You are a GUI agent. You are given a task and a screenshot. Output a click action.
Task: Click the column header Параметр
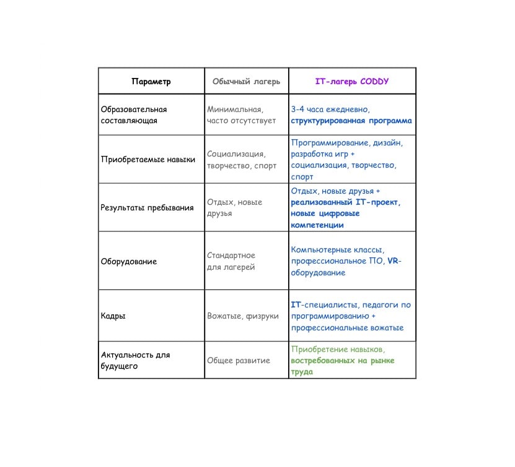pos(151,81)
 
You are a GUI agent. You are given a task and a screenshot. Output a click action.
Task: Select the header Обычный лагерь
pos(246,81)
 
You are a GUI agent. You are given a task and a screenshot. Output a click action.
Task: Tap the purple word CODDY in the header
pos(374,81)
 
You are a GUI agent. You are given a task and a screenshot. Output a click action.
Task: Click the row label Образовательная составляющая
pos(134,114)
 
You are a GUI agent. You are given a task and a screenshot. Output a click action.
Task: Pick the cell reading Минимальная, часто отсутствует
pos(242,114)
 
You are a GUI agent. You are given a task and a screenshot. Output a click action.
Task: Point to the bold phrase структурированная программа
pos(351,121)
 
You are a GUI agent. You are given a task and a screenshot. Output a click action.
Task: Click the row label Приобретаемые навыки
pos(147,159)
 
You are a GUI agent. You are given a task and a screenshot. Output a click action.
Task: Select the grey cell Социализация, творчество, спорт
pos(242,160)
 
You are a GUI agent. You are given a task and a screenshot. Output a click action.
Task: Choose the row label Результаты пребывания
pos(147,208)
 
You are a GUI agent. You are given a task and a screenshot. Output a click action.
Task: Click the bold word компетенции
pos(317,225)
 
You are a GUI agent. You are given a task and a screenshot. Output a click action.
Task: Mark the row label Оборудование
pos(129,262)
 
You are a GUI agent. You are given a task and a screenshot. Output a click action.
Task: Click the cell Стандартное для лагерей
pos(231,261)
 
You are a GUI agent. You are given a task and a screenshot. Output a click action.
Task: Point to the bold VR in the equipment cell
pos(393,261)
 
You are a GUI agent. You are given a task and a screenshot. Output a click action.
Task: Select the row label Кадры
pos(113,316)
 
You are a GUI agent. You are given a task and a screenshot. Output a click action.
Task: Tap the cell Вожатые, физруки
pos(243,316)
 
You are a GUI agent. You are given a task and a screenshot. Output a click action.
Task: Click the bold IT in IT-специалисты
pos(296,305)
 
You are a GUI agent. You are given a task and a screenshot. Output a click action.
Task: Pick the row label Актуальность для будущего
pos(135,360)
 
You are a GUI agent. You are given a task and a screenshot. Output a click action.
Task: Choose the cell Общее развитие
pos(239,361)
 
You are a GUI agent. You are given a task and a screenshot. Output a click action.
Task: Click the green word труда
pos(302,372)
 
